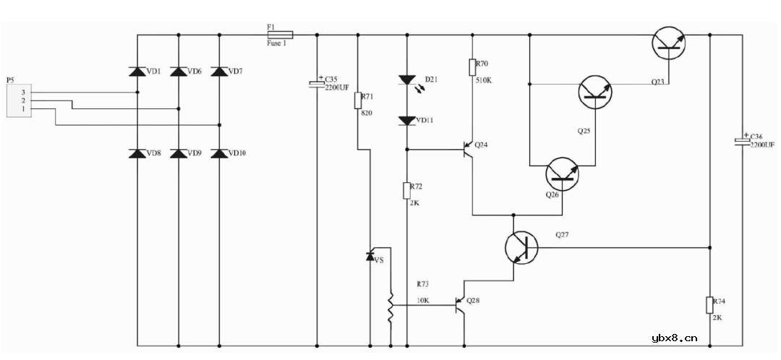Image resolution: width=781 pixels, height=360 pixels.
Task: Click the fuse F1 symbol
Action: click(x=280, y=34)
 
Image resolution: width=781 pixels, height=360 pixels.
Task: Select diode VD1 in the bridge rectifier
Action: click(x=138, y=71)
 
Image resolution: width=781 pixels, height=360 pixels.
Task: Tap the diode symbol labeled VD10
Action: click(x=220, y=153)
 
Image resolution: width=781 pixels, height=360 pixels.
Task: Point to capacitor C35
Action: click(x=317, y=84)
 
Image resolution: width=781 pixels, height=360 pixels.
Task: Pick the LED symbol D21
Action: click(x=407, y=80)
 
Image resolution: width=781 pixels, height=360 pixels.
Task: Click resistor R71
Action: click(x=357, y=100)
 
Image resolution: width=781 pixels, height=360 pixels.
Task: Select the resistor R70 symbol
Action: click(x=472, y=67)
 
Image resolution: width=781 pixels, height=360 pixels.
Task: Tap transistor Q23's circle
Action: click(x=669, y=43)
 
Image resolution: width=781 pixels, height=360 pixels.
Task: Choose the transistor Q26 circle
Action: click(x=562, y=173)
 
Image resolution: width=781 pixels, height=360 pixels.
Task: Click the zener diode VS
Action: click(x=370, y=255)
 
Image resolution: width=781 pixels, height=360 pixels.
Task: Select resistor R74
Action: click(x=709, y=304)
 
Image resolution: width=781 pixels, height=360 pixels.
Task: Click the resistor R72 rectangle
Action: click(x=407, y=190)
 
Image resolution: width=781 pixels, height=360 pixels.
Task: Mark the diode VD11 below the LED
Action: click(x=407, y=120)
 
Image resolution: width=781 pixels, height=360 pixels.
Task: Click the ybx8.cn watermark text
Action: click(x=674, y=337)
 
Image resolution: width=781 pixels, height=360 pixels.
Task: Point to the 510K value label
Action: click(x=483, y=80)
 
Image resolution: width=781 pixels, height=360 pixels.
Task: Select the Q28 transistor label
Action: click(x=473, y=300)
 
